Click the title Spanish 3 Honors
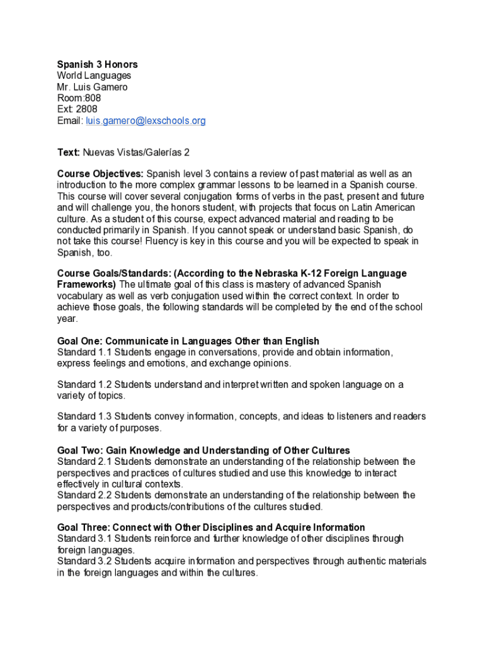click(97, 64)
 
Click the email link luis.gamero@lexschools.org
click(145, 120)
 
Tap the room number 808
click(92, 98)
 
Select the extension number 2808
click(86, 109)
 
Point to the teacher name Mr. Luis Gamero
click(92, 87)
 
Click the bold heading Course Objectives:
click(100, 173)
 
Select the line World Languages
click(94, 76)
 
